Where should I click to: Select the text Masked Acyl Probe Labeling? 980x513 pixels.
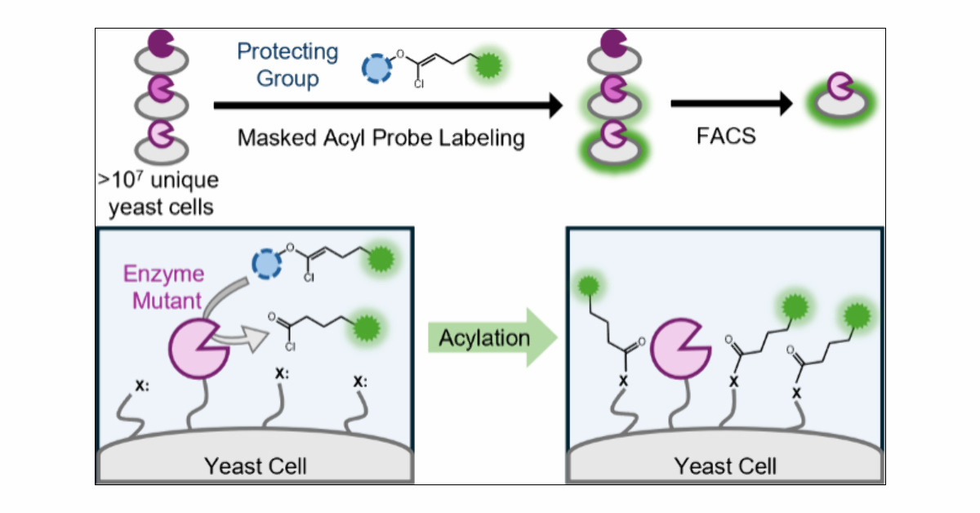click(381, 137)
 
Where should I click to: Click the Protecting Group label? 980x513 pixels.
click(287, 65)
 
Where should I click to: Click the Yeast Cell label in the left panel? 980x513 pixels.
click(256, 466)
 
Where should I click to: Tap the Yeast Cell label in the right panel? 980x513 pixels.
click(725, 466)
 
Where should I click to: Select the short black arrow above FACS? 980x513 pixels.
click(732, 104)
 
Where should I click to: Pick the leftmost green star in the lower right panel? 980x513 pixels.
click(585, 287)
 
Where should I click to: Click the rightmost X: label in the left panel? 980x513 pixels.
click(359, 379)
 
